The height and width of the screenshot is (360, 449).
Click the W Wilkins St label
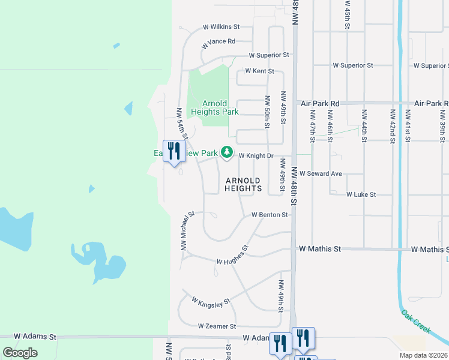pos(221,27)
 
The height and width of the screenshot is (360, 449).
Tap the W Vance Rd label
pos(218,42)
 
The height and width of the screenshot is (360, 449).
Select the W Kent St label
pos(259,71)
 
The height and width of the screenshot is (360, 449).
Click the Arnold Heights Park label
pos(214,108)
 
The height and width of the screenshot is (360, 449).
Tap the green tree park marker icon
pos(227,153)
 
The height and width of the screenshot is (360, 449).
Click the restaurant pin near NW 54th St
pos(175,151)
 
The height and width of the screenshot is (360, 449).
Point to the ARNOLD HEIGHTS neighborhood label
pos(243,184)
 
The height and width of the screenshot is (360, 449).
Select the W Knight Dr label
pos(256,156)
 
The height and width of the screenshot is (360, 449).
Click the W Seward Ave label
pos(321,173)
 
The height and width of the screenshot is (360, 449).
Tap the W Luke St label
pos(361,195)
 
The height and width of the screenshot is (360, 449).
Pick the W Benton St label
pos(270,215)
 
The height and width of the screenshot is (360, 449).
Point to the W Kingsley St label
pos(211,302)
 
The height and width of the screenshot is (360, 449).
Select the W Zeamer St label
pos(217,326)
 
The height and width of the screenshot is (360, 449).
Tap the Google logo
pos(20,353)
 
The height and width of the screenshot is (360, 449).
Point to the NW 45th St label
pos(348,14)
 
